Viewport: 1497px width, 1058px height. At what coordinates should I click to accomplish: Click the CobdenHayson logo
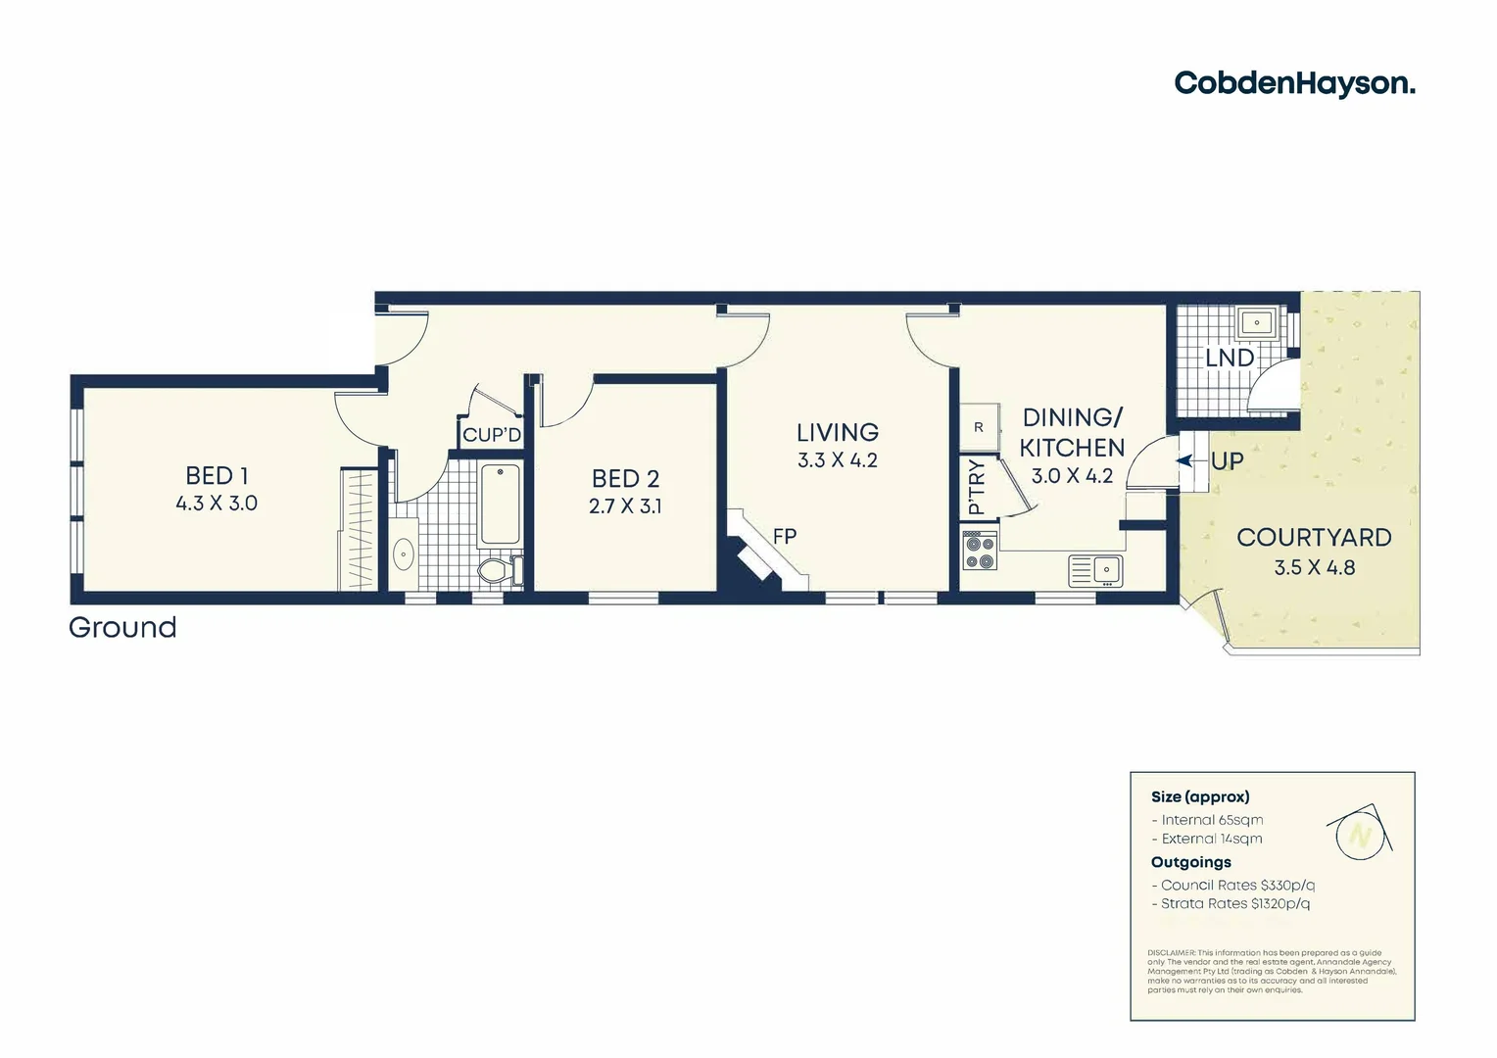coord(1294,83)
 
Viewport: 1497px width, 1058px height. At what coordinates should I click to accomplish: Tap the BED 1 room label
coord(217,476)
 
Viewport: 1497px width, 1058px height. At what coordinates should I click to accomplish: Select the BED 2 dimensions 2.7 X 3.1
coord(625,506)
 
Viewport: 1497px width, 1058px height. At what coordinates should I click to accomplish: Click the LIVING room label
coord(837,432)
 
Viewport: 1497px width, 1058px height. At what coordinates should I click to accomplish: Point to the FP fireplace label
coord(785,536)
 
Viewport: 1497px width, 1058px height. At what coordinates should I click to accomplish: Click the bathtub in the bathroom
coord(501,504)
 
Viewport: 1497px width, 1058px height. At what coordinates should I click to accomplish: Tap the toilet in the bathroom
coord(495,569)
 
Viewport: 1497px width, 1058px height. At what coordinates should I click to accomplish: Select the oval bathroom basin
coord(404,555)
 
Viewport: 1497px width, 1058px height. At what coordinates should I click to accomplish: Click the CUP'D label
coord(492,435)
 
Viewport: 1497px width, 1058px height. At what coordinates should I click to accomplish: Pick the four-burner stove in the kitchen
coord(979,550)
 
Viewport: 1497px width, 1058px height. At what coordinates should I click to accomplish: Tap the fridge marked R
coord(979,427)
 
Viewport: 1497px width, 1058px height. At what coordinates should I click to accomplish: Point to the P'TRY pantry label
coord(976,488)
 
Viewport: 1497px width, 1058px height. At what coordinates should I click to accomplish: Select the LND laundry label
coord(1229,359)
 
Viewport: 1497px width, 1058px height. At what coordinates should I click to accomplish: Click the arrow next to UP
coord(1185,460)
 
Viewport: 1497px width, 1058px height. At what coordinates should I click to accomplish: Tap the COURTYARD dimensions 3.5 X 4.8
coord(1314,567)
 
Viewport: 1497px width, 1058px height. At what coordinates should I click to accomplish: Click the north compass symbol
coord(1359,834)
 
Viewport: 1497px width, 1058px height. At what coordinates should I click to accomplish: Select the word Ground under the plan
coord(122,627)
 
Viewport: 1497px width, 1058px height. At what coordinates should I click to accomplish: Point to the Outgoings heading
coord(1190,862)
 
